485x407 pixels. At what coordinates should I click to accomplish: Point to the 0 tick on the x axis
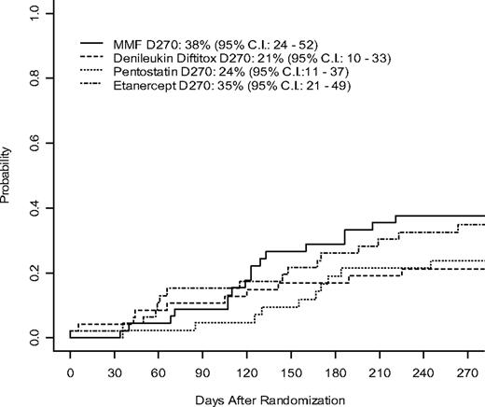(70, 371)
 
